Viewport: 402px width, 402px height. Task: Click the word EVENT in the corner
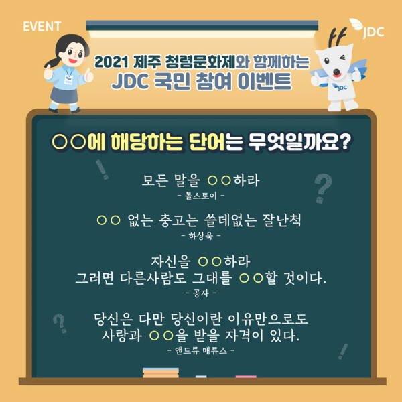(42, 27)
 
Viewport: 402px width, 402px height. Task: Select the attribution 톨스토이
(200, 196)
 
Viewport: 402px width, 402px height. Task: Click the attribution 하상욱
(200, 236)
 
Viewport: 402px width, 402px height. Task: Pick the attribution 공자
(200, 293)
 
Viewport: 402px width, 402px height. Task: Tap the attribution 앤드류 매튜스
(200, 350)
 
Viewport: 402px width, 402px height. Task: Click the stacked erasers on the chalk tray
(160, 373)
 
